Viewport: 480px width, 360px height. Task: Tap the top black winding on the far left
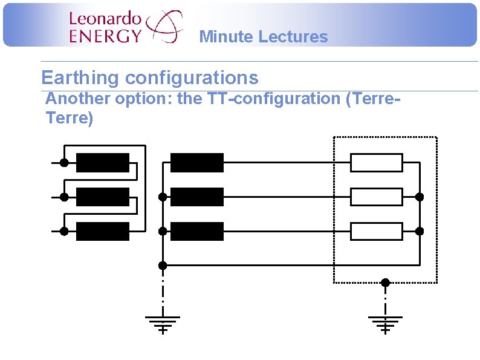[103, 163]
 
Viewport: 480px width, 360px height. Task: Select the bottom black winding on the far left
[103, 231]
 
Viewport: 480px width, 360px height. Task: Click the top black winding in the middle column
[197, 163]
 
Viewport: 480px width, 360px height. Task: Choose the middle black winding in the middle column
[197, 197]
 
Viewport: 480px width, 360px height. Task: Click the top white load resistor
[377, 163]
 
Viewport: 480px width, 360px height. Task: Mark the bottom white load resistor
[377, 231]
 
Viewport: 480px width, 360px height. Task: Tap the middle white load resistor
[377, 197]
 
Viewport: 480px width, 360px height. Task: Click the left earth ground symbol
[162, 324]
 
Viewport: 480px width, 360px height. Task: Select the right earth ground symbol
[385, 324]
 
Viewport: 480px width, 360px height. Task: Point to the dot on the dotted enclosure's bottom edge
[385, 283]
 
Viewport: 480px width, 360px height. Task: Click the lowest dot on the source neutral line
[162, 265]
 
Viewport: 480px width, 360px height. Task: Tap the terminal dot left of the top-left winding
[63, 163]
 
